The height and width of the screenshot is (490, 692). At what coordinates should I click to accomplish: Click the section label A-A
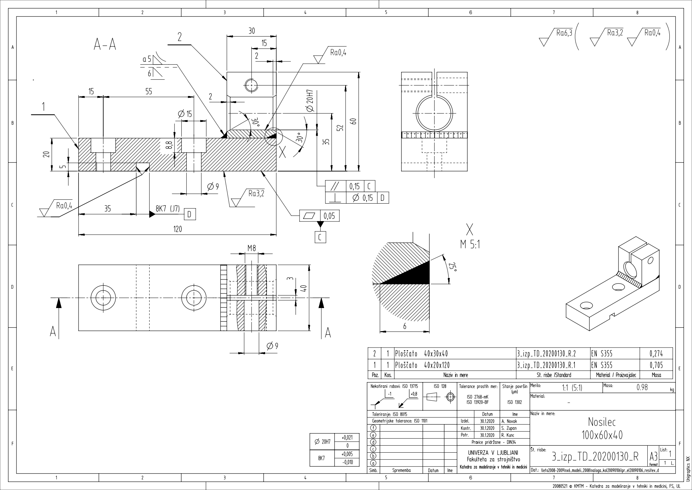coord(105,45)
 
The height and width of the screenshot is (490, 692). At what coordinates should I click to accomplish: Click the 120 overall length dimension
coord(178,229)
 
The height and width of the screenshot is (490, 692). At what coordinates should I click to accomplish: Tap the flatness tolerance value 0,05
coord(329,216)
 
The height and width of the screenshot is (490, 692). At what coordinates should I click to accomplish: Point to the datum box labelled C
coord(320,237)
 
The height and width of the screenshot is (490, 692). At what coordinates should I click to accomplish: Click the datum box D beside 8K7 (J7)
coord(189,214)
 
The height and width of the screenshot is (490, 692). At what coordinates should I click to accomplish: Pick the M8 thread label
coord(251,248)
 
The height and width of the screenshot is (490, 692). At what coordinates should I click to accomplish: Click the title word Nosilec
coord(602,422)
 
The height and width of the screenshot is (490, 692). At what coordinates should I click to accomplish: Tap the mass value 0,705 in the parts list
coord(656,365)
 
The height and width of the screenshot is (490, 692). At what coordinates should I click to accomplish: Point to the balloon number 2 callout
coord(180,37)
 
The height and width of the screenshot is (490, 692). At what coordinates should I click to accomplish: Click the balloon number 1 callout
coord(44,107)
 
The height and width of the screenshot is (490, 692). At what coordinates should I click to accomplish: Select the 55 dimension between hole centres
coord(149,92)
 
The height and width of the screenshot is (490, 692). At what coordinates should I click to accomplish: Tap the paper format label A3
coord(653,456)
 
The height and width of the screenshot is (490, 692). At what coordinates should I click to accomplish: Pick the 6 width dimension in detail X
coord(405,326)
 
